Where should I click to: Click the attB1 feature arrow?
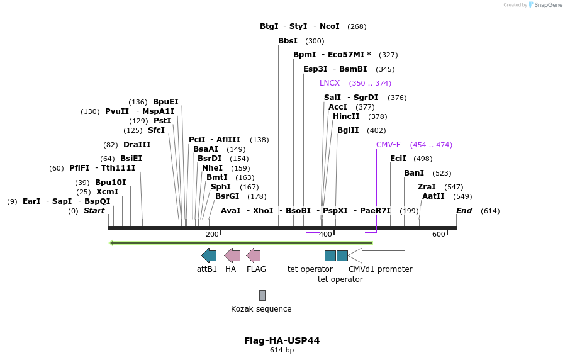tap(209, 256)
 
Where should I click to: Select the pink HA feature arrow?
tap(232, 256)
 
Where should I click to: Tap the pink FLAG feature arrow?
tap(253, 256)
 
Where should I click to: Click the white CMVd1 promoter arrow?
tap(376, 256)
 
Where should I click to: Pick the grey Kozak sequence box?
tap(262, 295)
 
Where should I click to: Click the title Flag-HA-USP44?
tap(282, 340)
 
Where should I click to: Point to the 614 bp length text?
tap(282, 351)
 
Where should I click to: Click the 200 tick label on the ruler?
tap(212, 234)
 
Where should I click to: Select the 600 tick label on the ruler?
tap(439, 234)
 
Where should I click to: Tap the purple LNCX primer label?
tap(330, 83)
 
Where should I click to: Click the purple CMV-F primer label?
tap(388, 145)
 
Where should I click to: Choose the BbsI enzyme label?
tap(288, 41)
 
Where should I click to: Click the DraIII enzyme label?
tap(137, 145)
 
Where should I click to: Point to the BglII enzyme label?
tap(348, 130)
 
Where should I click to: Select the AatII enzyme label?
tap(433, 196)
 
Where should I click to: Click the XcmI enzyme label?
tap(107, 192)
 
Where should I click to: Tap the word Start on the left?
tap(94, 211)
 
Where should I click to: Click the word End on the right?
tap(464, 211)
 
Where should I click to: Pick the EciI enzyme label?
tap(398, 159)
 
